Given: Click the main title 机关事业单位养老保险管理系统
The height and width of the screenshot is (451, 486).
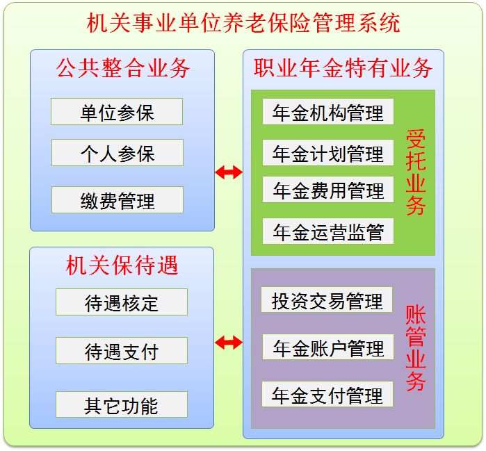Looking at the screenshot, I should click(243, 23).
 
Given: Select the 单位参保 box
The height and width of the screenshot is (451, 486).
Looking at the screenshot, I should click(117, 112).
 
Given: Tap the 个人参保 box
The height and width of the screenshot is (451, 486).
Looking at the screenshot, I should click(117, 153).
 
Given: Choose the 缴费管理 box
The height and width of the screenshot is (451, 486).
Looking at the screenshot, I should click(117, 200).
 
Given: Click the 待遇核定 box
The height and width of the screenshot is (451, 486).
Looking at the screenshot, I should click(122, 302).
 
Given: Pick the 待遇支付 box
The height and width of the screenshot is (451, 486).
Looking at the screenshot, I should click(122, 351).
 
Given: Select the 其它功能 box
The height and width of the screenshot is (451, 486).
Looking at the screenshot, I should click(122, 405).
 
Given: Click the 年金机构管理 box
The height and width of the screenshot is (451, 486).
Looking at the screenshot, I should click(328, 112).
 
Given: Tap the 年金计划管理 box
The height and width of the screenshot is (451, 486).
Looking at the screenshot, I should click(328, 153).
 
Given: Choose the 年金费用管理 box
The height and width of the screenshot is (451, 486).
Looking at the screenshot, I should click(328, 190).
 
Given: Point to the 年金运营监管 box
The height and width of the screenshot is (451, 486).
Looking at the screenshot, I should click(328, 231).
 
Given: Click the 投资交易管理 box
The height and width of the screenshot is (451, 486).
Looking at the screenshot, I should click(327, 300).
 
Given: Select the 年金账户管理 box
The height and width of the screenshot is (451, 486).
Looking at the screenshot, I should click(328, 347).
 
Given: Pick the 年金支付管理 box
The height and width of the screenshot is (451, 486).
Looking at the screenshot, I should click(327, 395).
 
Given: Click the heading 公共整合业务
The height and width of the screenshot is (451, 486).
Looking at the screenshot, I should click(122, 68).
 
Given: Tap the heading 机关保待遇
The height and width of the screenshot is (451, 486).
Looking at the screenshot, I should click(122, 265).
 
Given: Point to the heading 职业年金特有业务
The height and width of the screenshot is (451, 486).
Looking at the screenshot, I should click(343, 68).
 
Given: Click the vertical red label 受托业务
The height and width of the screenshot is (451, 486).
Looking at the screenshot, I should click(415, 172).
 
